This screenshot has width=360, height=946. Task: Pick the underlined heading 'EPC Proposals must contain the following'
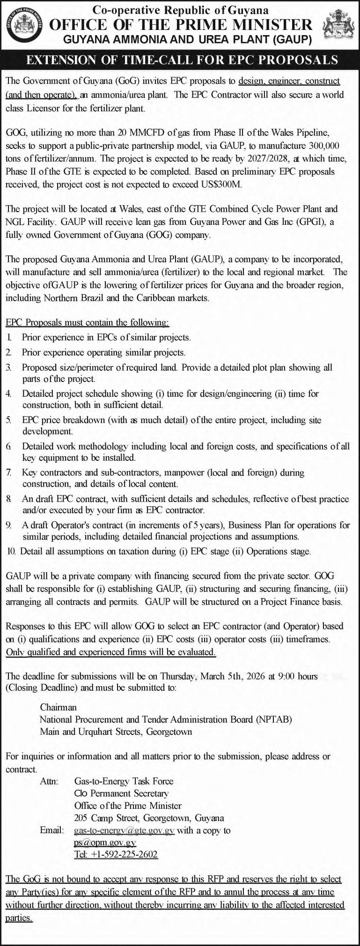tap(87, 323)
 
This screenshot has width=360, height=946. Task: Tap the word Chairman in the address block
tap(58, 707)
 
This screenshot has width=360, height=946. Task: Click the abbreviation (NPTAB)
tap(274, 719)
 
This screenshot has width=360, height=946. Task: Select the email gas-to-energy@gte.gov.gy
tap(124, 830)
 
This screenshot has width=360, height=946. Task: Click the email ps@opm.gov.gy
tap(105, 843)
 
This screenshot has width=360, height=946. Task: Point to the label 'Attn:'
tap(49, 781)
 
